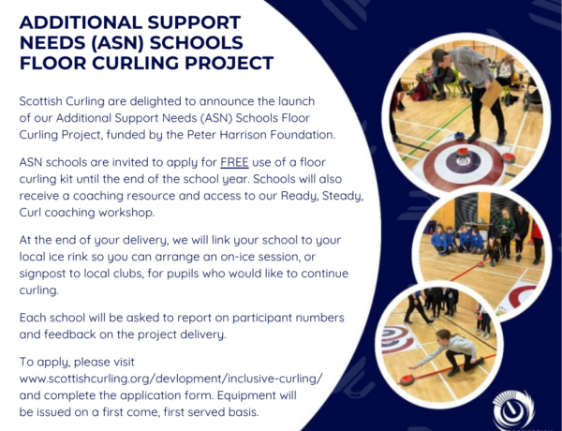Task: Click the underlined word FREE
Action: (234, 162)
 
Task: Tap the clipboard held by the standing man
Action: (491, 94)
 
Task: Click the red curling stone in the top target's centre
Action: (462, 152)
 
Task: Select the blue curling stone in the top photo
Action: (459, 136)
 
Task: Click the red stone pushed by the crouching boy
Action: (407, 379)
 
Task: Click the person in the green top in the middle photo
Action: (505, 231)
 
